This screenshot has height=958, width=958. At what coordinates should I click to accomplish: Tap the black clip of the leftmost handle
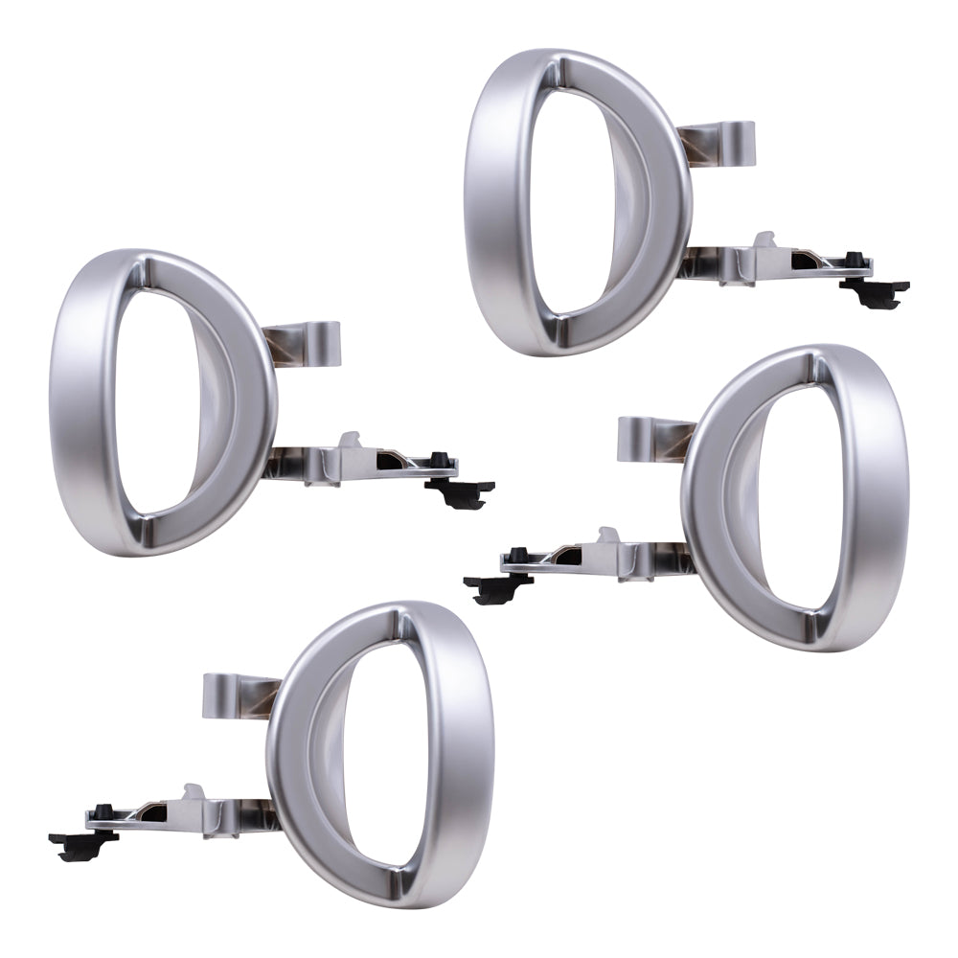pyautogui.click(x=460, y=491)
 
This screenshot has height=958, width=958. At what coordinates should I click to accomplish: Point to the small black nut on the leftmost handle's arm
pyautogui.click(x=441, y=460)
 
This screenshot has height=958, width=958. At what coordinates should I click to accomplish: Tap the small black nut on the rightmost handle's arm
pyautogui.click(x=517, y=556)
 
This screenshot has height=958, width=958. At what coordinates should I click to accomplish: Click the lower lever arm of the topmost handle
pyautogui.click(x=766, y=266)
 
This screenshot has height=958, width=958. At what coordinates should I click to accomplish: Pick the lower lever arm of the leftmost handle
pyautogui.click(x=354, y=467)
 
